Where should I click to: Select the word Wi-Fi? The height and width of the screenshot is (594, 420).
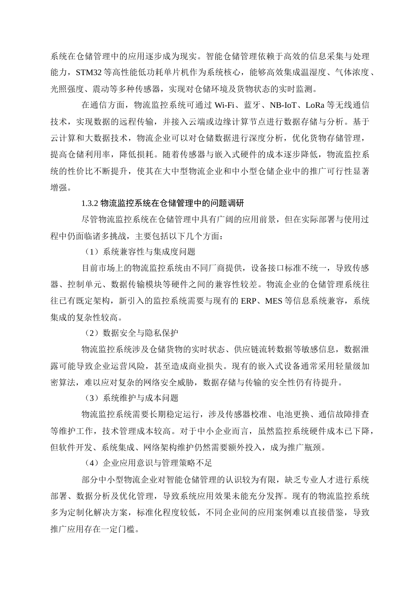[225, 105]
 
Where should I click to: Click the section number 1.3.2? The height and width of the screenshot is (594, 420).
[90, 203]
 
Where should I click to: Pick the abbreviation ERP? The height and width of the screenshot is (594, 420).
[250, 301]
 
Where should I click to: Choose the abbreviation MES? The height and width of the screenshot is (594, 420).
[274, 301]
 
